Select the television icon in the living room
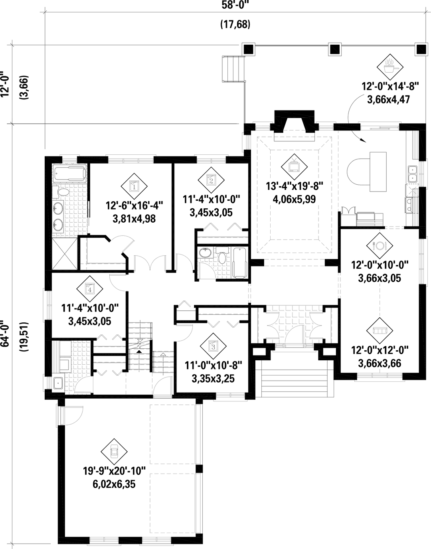pos(294,164)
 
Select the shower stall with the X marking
pos(64,253)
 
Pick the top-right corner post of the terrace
pos(420,49)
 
